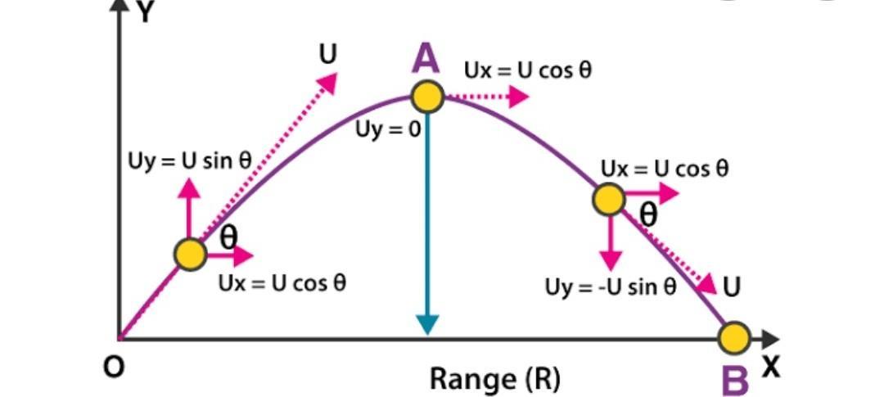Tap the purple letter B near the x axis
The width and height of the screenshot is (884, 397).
735,380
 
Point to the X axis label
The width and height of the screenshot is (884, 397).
769,368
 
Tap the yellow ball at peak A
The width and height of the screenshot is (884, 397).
426,97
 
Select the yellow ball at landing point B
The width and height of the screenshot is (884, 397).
734,336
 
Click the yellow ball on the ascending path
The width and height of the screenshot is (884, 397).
190,255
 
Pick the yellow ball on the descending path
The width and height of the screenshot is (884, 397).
608,199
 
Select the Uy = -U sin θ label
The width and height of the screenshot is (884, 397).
611,287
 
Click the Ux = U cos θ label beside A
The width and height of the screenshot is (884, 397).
527,70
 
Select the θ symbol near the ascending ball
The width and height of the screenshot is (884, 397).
230,236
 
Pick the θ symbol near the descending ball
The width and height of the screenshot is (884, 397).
648,214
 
